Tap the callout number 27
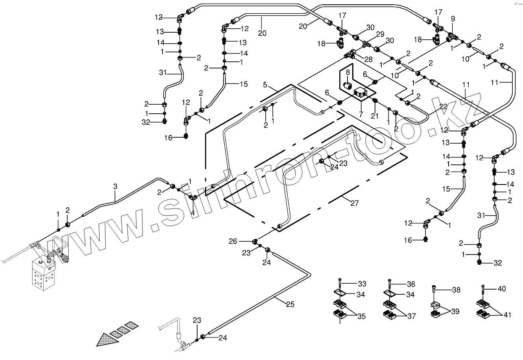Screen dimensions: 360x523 coord(355,203)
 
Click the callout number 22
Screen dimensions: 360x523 coord(443,107)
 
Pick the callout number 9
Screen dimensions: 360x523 coord(453,18)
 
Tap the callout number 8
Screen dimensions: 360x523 coord(348,72)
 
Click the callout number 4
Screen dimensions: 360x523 coord(193,212)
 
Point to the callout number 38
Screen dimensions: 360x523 coord(456,290)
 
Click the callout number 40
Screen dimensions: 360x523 coord(502,289)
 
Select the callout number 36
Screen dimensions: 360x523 coord(411,284)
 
